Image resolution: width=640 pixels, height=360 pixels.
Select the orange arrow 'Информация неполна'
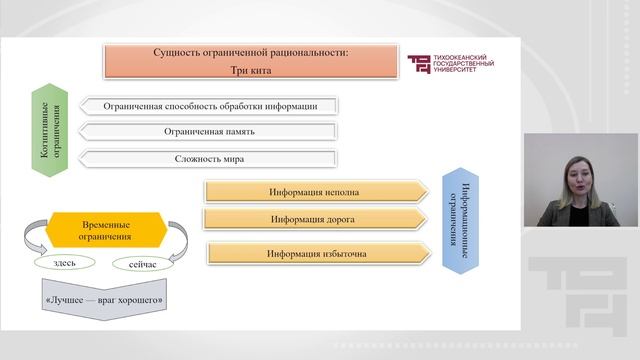click(x=315, y=191)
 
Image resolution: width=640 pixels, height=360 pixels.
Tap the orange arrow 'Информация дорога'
click(x=315, y=218)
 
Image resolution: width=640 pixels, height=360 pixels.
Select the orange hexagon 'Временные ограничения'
click(x=105, y=231)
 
